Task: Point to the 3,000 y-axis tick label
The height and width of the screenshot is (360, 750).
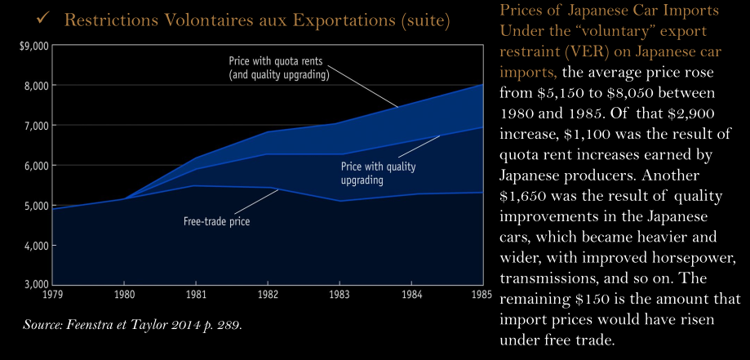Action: click(x=37, y=286)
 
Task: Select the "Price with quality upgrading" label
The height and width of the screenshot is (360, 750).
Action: click(x=377, y=172)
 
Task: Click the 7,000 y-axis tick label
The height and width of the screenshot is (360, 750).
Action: click(x=37, y=126)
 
